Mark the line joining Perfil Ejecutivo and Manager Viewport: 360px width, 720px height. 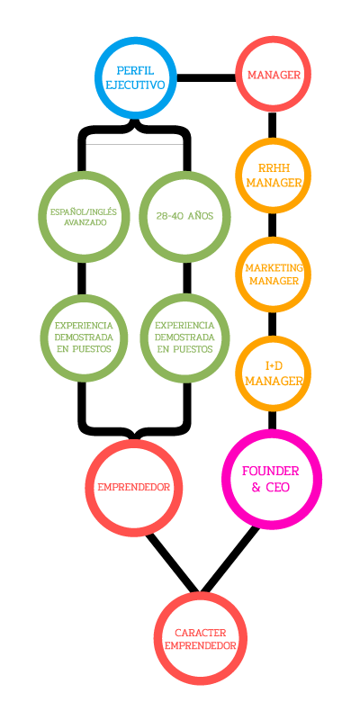tap(206, 77)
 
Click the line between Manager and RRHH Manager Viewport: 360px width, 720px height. tap(273, 125)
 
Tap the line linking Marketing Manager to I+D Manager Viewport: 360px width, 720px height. tap(273, 324)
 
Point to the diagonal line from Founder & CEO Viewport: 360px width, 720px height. tap(229, 560)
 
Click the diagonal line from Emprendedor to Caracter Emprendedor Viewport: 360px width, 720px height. tap(173, 562)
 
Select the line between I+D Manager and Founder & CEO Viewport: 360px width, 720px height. tap(273, 420)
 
